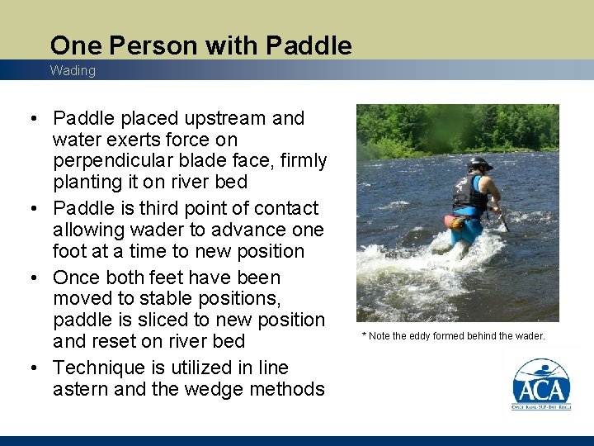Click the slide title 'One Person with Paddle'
click(x=200, y=45)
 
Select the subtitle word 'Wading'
click(x=73, y=71)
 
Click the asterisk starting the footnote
click(x=364, y=335)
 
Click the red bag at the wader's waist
click(x=452, y=221)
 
